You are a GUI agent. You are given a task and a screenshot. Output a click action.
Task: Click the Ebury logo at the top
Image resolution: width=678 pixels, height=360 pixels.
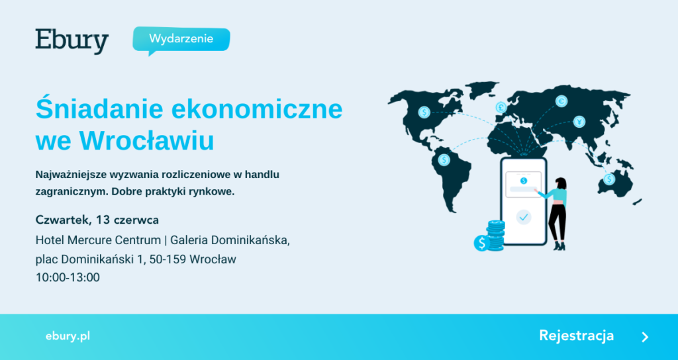coord(72,41)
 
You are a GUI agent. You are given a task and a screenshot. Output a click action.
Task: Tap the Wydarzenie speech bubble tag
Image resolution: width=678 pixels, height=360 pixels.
coord(181,40)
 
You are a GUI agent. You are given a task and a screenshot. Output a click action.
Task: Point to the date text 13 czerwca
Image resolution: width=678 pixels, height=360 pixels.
coord(128,220)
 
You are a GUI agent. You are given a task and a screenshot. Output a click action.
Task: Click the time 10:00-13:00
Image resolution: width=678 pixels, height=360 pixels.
coord(68,277)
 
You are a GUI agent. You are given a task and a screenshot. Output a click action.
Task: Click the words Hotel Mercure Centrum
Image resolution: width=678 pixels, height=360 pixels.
coord(99,240)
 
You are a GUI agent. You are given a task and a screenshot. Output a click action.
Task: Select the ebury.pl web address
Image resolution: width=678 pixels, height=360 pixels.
coord(68,336)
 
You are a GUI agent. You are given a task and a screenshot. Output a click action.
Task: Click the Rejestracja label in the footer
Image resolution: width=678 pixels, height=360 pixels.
coord(577,336)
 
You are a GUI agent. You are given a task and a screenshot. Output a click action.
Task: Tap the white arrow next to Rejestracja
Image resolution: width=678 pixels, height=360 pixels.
coord(645,337)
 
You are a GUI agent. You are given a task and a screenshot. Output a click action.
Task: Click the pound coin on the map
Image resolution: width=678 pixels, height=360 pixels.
coord(501,107)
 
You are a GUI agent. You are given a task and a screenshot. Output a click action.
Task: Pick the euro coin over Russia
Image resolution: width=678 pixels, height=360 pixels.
coord(561,101)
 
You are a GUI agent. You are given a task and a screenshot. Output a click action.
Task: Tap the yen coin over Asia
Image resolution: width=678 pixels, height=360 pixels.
coord(579,122)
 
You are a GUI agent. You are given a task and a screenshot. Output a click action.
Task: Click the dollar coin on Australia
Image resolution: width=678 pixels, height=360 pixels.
coord(609,179)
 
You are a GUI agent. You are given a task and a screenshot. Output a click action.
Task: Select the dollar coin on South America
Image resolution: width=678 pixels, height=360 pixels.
coord(444,160)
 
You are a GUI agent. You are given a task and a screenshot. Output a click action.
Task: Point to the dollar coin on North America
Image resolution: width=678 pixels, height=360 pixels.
coord(424,112)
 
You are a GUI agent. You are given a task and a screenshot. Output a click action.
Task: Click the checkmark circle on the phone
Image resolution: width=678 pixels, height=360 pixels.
coord(524,217)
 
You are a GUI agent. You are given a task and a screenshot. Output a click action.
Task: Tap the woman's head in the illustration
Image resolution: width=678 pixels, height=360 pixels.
coord(561,183)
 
